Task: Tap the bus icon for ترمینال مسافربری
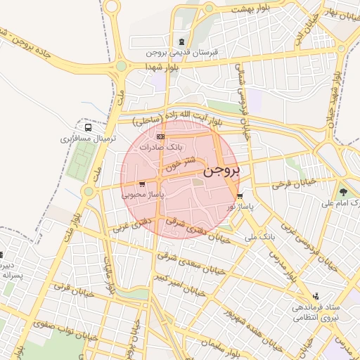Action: [x=88, y=128]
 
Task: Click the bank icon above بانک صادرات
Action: [x=161, y=136]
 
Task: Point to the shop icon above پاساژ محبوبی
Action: [x=142, y=184]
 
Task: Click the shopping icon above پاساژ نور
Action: [x=240, y=196]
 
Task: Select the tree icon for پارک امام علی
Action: [x=343, y=191]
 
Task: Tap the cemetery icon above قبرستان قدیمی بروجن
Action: [x=183, y=42]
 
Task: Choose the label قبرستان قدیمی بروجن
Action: [x=183, y=53]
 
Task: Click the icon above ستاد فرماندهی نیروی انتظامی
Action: [x=316, y=297]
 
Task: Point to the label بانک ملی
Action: [x=259, y=237]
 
